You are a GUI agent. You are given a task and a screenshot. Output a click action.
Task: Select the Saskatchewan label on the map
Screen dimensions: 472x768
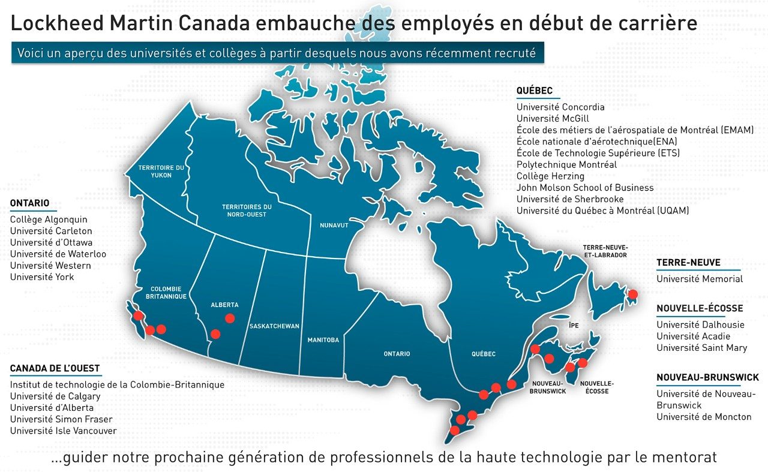pyautogui.click(x=274, y=326)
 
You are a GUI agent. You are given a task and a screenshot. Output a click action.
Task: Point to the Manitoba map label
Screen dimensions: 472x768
pyautogui.click(x=323, y=340)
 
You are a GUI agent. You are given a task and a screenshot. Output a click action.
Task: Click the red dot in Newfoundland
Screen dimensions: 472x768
pyautogui.click(x=632, y=294)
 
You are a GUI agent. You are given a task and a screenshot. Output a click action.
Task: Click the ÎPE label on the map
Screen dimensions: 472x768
pyautogui.click(x=574, y=324)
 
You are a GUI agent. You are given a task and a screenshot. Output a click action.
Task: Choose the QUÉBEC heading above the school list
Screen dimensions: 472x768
pyautogui.click(x=534, y=91)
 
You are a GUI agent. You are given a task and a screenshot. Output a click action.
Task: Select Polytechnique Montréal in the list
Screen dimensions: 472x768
pyautogui.click(x=566, y=164)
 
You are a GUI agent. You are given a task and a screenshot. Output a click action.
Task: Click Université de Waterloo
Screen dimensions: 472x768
pyautogui.click(x=58, y=254)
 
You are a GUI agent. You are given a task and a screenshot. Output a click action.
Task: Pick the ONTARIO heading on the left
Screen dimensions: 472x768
pyautogui.click(x=29, y=203)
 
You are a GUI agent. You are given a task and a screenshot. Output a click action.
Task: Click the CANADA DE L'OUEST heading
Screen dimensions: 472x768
pyautogui.click(x=55, y=368)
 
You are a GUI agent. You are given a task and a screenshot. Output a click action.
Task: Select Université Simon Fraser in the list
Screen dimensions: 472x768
pyautogui.click(x=61, y=419)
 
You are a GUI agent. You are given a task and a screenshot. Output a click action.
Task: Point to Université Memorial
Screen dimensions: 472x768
pyautogui.click(x=700, y=279)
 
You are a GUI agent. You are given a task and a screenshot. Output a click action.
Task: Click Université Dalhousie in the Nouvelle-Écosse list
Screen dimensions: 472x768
pyautogui.click(x=700, y=325)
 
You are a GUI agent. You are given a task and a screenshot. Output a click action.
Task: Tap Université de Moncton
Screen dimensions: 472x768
pyautogui.click(x=704, y=417)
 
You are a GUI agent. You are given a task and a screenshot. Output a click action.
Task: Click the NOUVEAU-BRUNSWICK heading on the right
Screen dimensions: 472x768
pyautogui.click(x=707, y=377)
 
